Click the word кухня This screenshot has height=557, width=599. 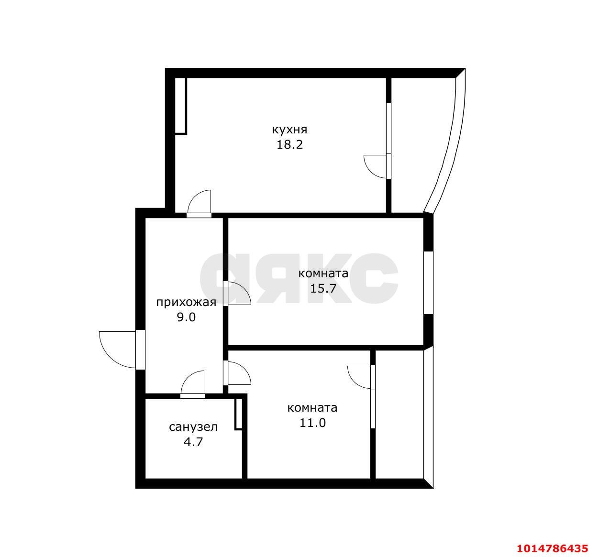pyautogui.click(x=289, y=130)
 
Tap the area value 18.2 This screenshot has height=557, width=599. pyautogui.click(x=289, y=145)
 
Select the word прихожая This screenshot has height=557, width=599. pyautogui.click(x=186, y=303)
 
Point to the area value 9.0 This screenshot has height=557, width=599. pyautogui.click(x=186, y=317)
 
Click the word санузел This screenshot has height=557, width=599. pyautogui.click(x=193, y=427)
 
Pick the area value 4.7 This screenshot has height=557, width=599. pyautogui.click(x=193, y=442)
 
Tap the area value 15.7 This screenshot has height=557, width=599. pyautogui.click(x=323, y=288)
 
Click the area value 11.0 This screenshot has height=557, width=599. pyautogui.click(x=312, y=423)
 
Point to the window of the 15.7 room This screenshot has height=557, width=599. pyautogui.click(x=428, y=283)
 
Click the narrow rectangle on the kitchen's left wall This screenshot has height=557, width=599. pyautogui.click(x=181, y=106)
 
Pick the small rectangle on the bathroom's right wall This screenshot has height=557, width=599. pyautogui.click(x=238, y=414)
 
